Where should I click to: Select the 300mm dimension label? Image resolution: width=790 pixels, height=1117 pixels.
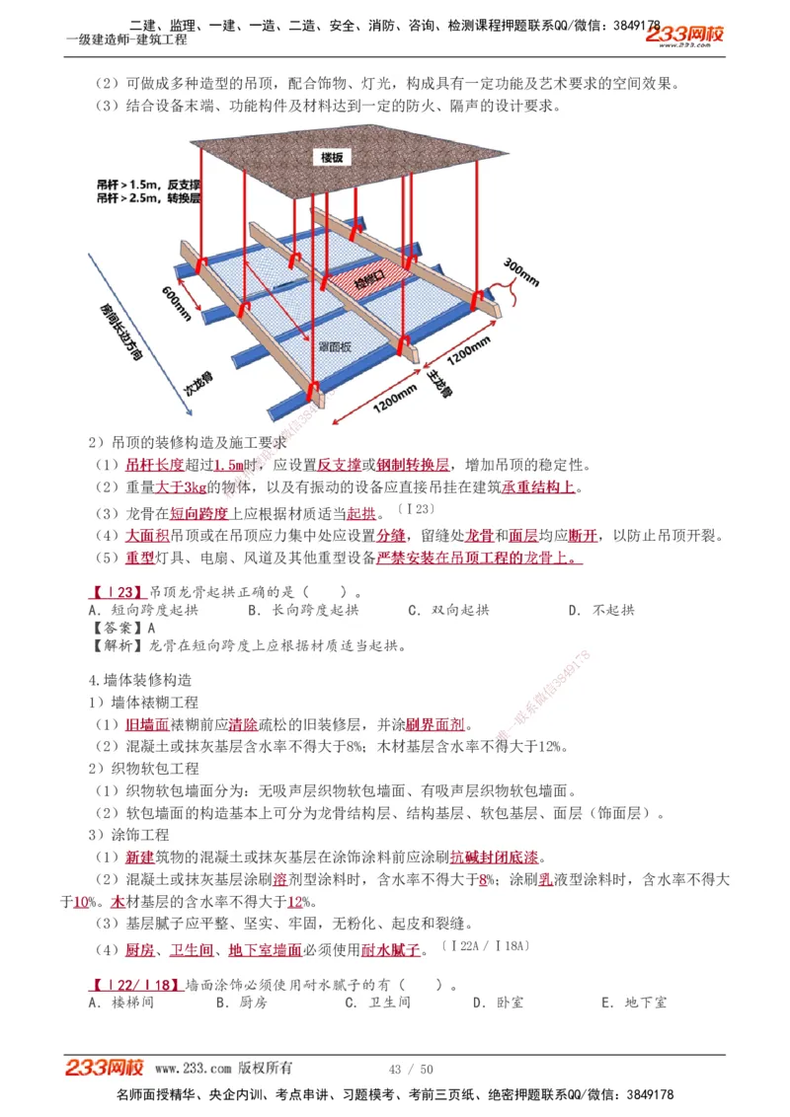pos(521,272)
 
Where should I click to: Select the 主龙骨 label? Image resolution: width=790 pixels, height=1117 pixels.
pos(438,383)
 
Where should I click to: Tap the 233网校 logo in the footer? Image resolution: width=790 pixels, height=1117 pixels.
pos(105,1068)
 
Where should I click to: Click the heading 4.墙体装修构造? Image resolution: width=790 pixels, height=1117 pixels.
pos(139,680)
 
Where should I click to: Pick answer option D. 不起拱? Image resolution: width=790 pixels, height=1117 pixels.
pos(601,611)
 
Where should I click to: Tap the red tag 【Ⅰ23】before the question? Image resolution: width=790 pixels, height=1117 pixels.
pos(118,593)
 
